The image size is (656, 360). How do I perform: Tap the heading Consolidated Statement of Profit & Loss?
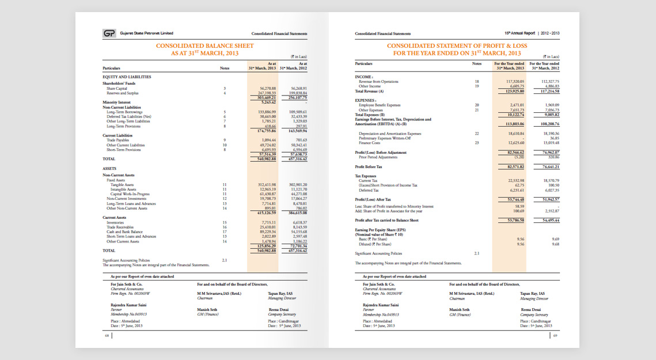[x=457, y=46]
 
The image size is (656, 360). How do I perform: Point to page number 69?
[x=555, y=336]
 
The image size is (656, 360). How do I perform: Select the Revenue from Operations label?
[x=378, y=82]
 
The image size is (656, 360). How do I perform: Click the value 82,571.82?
[x=512, y=166]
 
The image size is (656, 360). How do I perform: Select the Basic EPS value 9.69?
[x=555, y=239]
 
